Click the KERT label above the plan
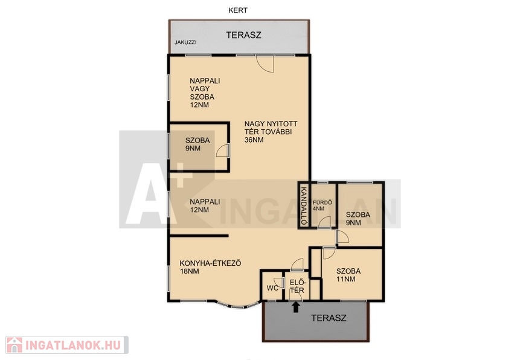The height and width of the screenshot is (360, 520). point(238,10)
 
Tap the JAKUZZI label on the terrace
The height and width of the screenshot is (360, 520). point(186,42)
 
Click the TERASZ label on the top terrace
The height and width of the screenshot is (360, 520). point(244,35)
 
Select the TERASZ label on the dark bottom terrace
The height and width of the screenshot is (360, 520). point(329,318)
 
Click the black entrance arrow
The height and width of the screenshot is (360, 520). point(296,307)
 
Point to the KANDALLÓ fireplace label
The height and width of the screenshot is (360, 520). point(303,205)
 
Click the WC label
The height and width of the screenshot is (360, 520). point(272,288)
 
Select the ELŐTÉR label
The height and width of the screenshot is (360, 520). point(298,286)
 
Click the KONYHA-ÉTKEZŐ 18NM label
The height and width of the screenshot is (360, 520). point(210,267)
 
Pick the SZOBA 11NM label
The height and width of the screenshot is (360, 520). point(348,275)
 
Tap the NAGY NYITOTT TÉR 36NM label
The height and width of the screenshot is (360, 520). point(271,132)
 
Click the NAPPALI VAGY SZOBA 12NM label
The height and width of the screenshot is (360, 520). point(205,93)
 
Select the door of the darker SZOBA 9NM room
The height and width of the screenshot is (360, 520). point(222,151)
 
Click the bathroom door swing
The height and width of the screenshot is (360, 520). point(324,222)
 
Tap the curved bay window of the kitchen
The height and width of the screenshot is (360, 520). point(237,306)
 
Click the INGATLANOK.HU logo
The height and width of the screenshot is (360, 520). point(67,345)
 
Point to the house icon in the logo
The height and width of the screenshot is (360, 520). point(14,345)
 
